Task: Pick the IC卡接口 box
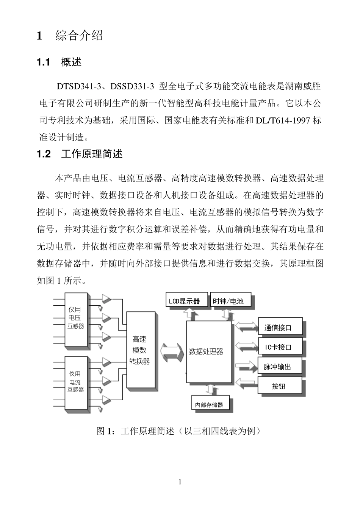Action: coord(280,347)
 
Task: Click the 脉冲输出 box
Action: coord(280,367)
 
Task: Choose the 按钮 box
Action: coord(280,386)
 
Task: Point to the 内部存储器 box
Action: coord(210,404)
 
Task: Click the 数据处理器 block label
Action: coord(207,351)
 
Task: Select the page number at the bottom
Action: coord(180,482)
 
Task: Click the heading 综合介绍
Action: coord(79,36)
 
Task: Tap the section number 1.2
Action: coord(44,154)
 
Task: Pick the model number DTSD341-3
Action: coord(79,86)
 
